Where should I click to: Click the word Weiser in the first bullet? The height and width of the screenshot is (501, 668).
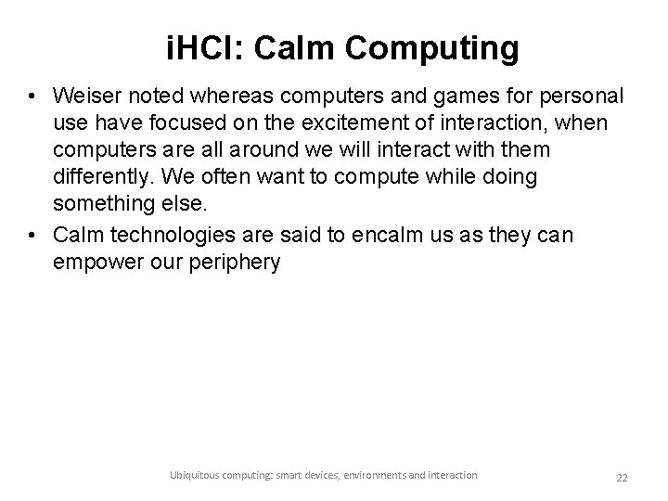(x=85, y=96)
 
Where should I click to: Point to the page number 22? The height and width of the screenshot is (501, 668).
(x=622, y=477)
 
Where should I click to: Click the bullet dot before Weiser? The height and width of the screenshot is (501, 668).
(x=32, y=96)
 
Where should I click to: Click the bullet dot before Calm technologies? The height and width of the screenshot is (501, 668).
(x=32, y=237)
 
